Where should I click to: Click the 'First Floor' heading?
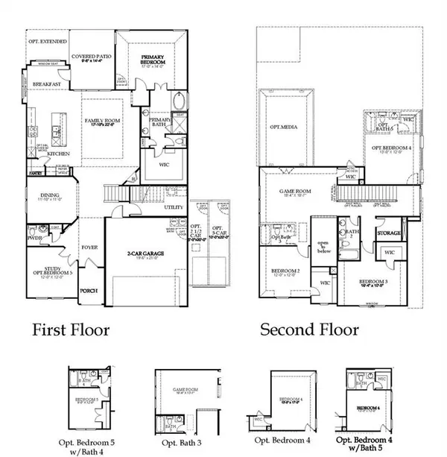click(x=70, y=329)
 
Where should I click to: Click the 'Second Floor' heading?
click(x=308, y=329)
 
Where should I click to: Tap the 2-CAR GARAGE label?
click(x=145, y=254)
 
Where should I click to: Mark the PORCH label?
click(x=89, y=290)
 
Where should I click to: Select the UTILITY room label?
click(x=174, y=207)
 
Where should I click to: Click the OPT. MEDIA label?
click(x=283, y=127)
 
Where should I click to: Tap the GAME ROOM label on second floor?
click(x=294, y=191)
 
